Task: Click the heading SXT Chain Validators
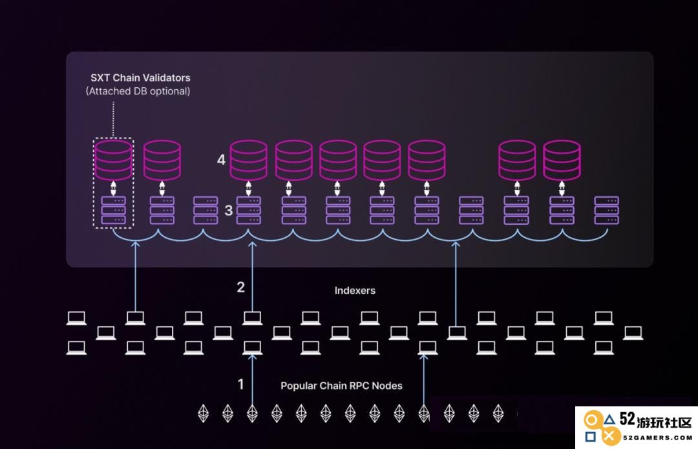click(140, 78)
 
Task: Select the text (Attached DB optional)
click(138, 91)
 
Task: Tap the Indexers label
click(355, 291)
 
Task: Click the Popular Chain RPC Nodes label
click(341, 386)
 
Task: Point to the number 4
click(221, 160)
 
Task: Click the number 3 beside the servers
click(228, 211)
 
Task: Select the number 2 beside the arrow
click(241, 287)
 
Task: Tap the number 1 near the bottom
click(241, 384)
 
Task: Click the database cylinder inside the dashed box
click(113, 160)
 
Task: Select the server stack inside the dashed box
click(114, 211)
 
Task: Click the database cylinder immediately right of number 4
click(248, 160)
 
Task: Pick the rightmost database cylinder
click(562, 160)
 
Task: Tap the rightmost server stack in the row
click(606, 211)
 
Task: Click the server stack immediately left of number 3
click(206, 211)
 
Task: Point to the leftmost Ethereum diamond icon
click(204, 413)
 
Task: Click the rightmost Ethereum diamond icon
click(498, 413)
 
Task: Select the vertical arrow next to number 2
click(253, 277)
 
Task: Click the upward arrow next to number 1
click(253, 379)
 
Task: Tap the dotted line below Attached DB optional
click(113, 120)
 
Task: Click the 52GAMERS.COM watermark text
click(657, 438)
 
